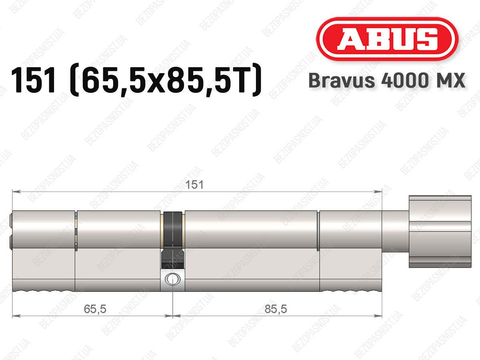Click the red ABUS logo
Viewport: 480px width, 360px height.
[387, 39]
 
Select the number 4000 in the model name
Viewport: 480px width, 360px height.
[405, 80]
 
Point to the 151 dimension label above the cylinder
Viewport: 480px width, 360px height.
[194, 185]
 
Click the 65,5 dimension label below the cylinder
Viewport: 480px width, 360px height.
[95, 309]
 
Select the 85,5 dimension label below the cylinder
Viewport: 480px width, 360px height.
[276, 309]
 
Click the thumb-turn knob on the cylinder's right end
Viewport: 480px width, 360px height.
[440, 232]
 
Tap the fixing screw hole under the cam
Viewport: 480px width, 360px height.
[173, 279]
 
